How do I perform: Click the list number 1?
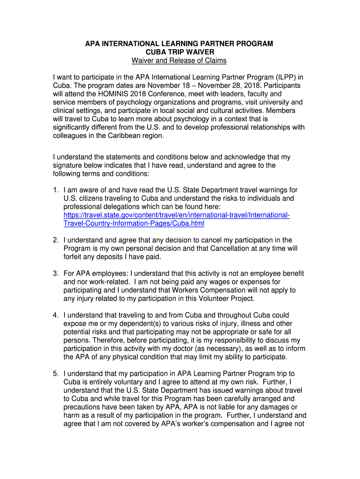55,190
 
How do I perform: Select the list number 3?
55,273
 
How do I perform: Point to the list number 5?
55,373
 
